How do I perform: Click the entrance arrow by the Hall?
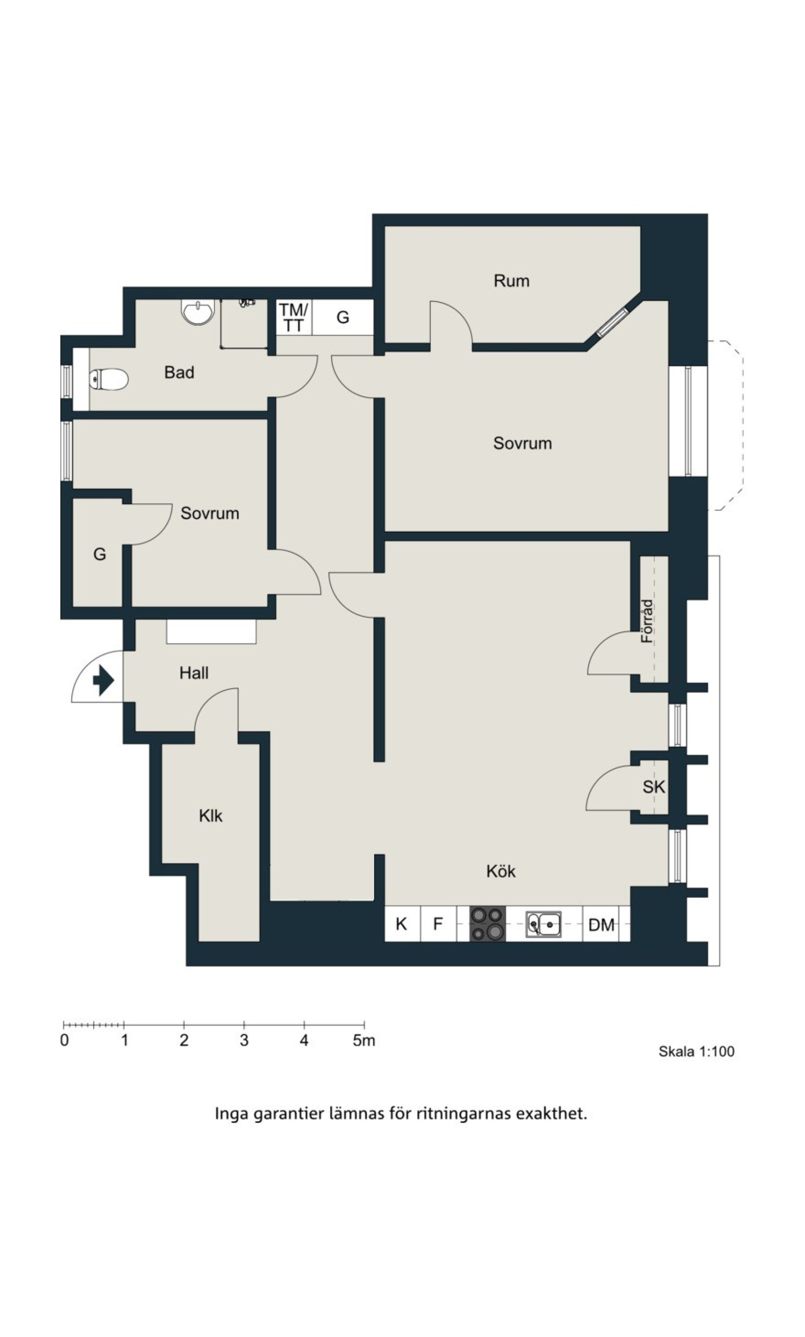[x=104, y=680]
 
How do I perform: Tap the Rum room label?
[x=511, y=281]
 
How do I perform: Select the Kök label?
[x=501, y=871]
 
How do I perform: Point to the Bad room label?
[x=179, y=372]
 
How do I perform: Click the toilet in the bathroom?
[x=108, y=379]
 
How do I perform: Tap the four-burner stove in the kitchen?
[x=487, y=924]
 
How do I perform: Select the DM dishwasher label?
[x=602, y=925]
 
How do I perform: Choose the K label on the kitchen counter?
[x=402, y=924]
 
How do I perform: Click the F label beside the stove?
[x=438, y=924]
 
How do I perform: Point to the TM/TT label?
[x=294, y=318]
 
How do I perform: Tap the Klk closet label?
[x=211, y=816]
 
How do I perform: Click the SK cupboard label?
[x=654, y=787]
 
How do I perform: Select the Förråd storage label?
[x=648, y=621]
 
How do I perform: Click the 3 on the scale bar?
[x=244, y=1040]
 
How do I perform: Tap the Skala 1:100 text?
[x=697, y=1051]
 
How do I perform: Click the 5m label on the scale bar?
[x=364, y=1040]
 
